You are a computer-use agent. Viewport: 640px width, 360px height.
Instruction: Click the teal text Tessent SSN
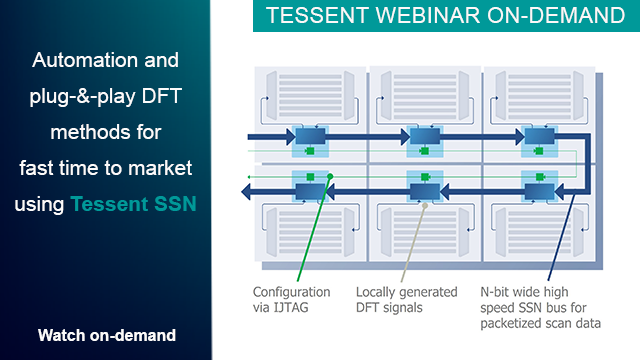pyautogui.click(x=133, y=204)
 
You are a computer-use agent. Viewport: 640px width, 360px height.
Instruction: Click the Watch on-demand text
pyautogui.click(x=106, y=334)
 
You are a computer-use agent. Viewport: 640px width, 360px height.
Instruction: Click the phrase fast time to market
pyautogui.click(x=106, y=167)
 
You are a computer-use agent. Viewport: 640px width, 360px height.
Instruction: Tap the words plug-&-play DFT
pyautogui.click(x=106, y=96)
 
